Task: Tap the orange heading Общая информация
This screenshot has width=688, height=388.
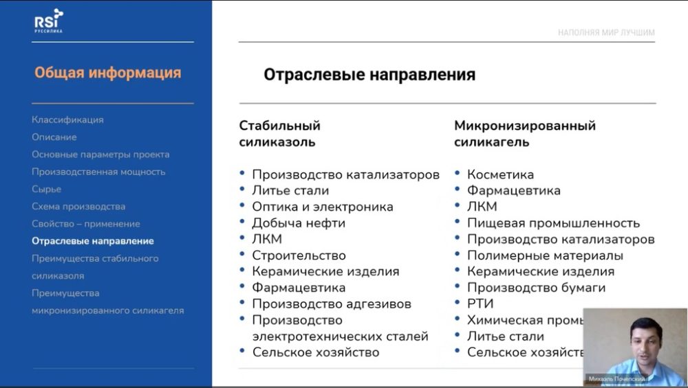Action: pos(108,73)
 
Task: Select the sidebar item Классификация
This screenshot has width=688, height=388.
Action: pos(67,119)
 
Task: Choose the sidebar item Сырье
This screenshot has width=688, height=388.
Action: pos(46,189)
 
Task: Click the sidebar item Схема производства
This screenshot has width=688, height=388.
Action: pos(78,206)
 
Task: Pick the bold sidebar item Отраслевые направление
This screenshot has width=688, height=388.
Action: pos(93,241)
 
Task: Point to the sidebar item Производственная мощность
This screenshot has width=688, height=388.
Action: pos(98,172)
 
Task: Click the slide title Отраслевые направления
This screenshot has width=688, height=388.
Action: pos(369,75)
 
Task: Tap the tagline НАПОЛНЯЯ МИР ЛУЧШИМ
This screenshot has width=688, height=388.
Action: pos(606,32)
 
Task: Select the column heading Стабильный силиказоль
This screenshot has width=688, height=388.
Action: pos(280,134)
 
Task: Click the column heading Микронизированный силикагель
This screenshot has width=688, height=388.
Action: pos(524,134)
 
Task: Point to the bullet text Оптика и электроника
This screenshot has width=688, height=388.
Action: pos(323,207)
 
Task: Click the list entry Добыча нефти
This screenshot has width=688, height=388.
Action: pos(299,223)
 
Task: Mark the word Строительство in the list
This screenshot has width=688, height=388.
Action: pos(299,255)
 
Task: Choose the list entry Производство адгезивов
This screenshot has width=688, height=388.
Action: pos(332,304)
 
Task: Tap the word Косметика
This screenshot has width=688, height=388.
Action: pos(500,174)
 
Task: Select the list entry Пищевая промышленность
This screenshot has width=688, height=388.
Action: pos(553,223)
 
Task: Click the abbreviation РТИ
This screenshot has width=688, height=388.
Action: pos(480,304)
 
